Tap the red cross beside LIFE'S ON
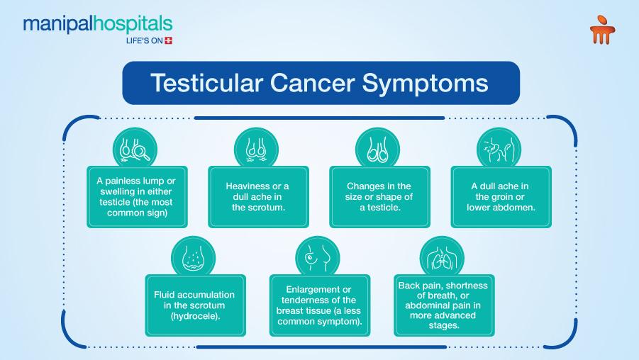(x=168, y=40)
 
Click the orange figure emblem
(x=602, y=29)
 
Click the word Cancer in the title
(x=312, y=83)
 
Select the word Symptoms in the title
(x=425, y=84)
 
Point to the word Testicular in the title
(x=206, y=83)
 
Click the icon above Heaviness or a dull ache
(x=256, y=149)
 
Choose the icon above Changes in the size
(x=378, y=149)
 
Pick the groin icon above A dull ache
(x=499, y=149)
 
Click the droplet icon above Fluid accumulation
(x=193, y=258)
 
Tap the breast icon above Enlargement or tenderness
(x=318, y=258)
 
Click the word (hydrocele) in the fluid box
(x=196, y=316)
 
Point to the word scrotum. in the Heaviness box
(x=258, y=208)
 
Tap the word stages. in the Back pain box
(x=444, y=325)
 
